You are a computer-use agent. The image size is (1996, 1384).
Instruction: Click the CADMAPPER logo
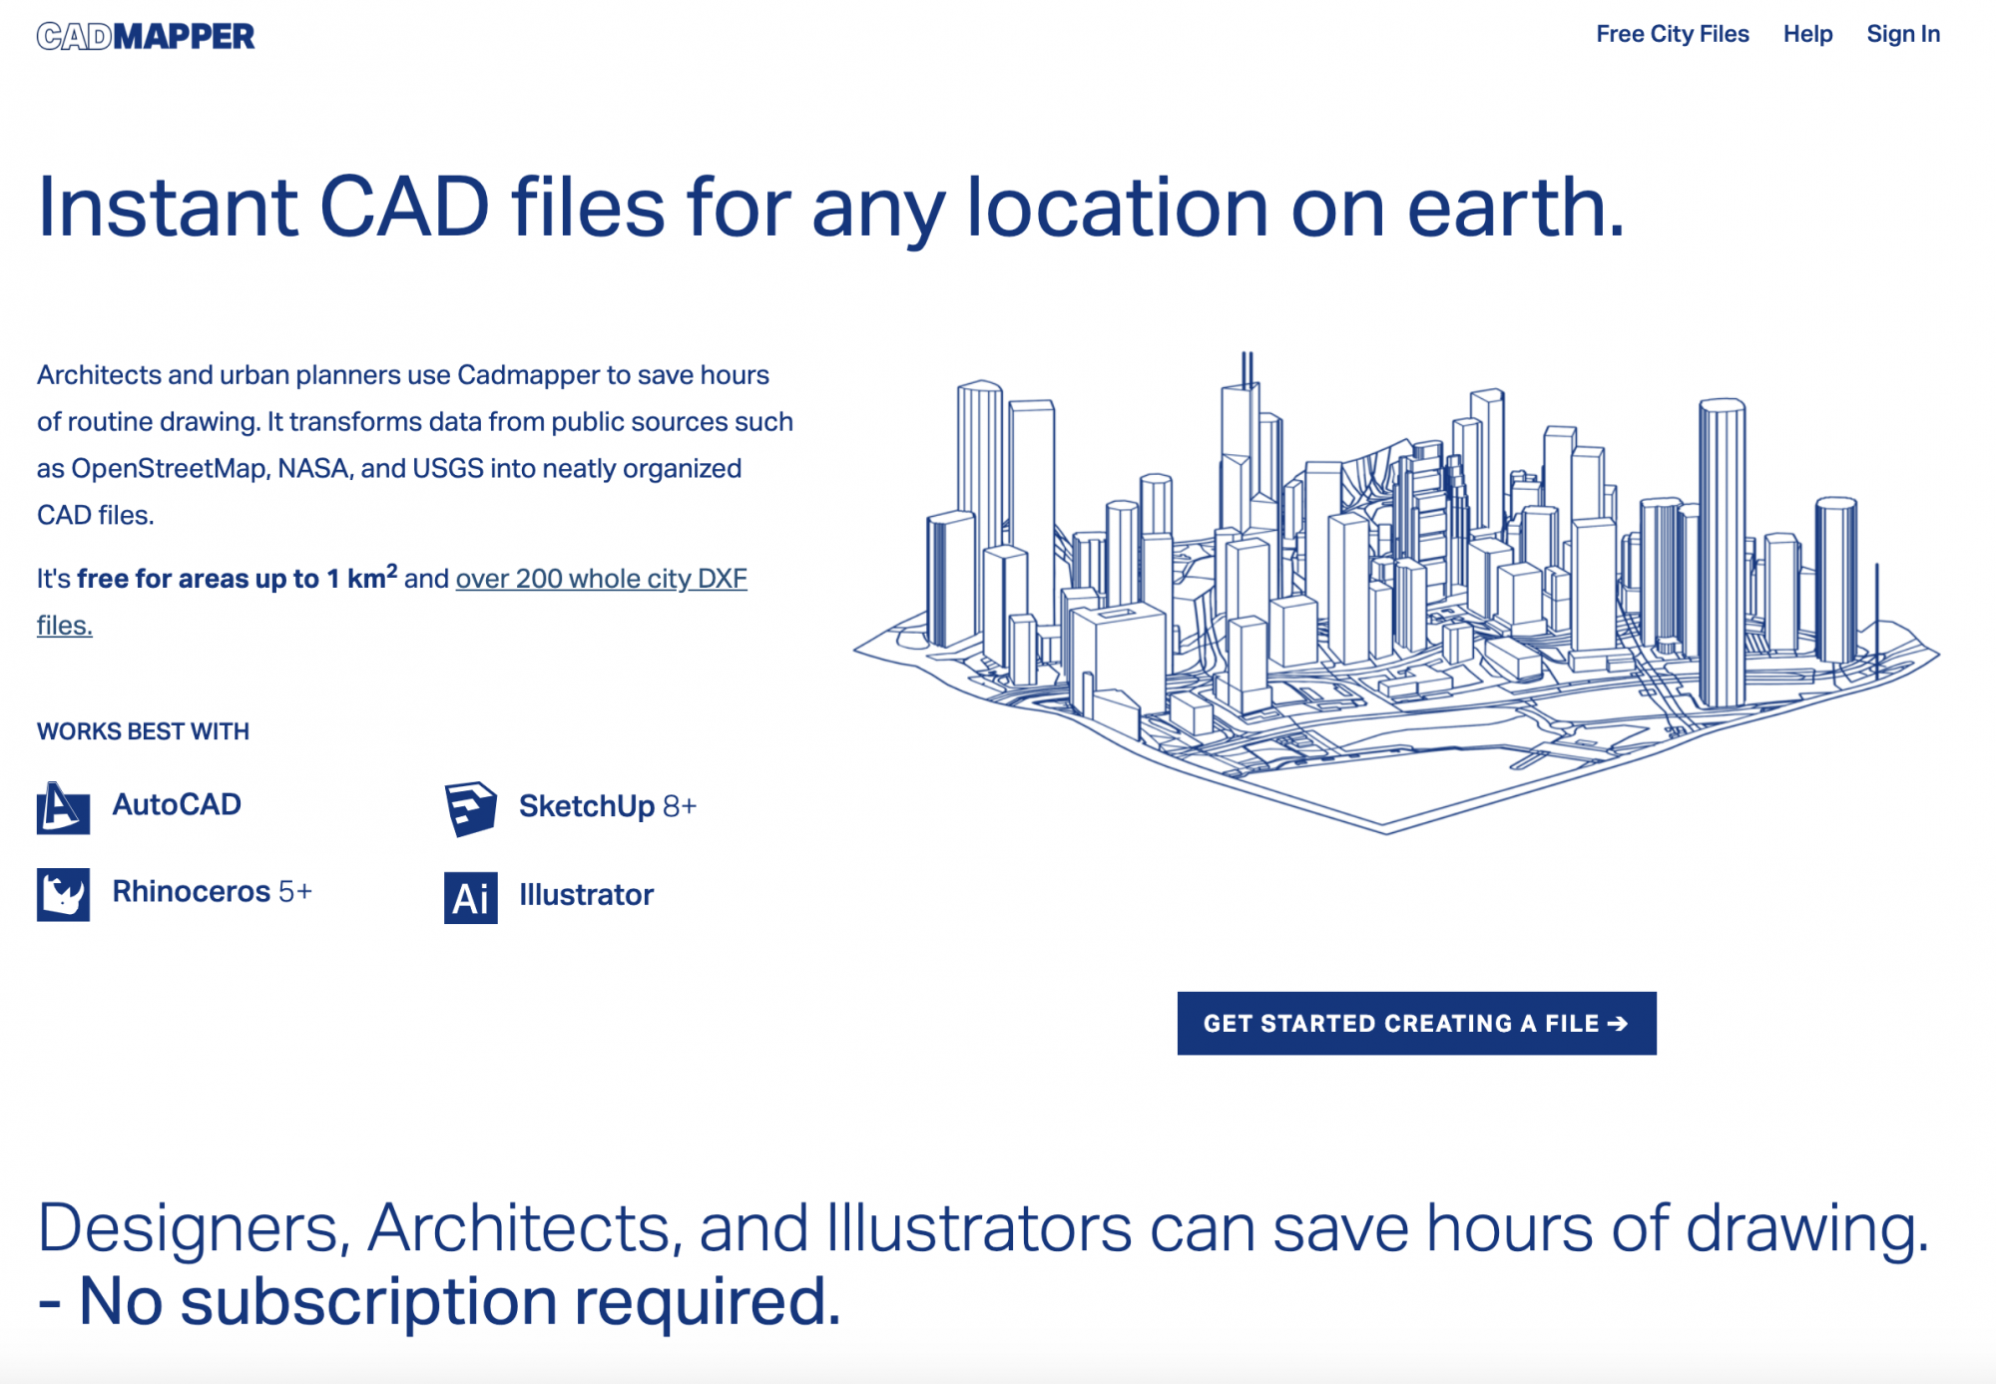146,36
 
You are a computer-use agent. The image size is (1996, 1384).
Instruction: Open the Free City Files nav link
1673,34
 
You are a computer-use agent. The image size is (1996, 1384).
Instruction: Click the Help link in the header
1807,34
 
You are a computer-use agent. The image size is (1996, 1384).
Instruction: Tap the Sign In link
1903,34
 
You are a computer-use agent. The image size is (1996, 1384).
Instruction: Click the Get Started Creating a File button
1416,1023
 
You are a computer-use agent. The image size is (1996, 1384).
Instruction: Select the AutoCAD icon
63,807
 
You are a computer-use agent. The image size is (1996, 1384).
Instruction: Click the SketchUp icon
470,808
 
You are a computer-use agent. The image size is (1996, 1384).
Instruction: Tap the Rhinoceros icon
63,894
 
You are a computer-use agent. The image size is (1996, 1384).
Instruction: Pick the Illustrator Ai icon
470,898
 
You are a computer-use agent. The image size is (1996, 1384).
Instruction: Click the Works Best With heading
143,731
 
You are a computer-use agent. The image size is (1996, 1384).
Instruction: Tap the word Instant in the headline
168,208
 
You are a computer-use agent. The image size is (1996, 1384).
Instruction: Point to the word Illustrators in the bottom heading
979,1228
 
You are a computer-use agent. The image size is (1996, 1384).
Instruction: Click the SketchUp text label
587,806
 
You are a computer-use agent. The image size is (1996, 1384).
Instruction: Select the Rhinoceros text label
192,891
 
